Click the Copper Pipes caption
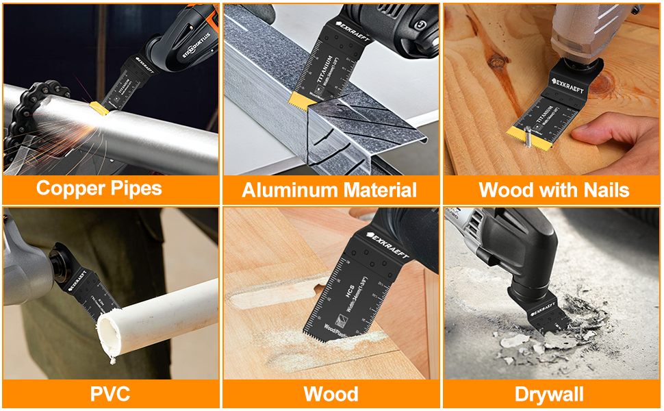pyautogui.click(x=99, y=188)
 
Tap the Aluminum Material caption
pyautogui.click(x=329, y=190)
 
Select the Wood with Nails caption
pyautogui.click(x=554, y=189)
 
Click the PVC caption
pyautogui.click(x=110, y=394)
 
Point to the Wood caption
pyautogui.click(x=331, y=394)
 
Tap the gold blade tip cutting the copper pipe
pyautogui.click(x=100, y=108)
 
